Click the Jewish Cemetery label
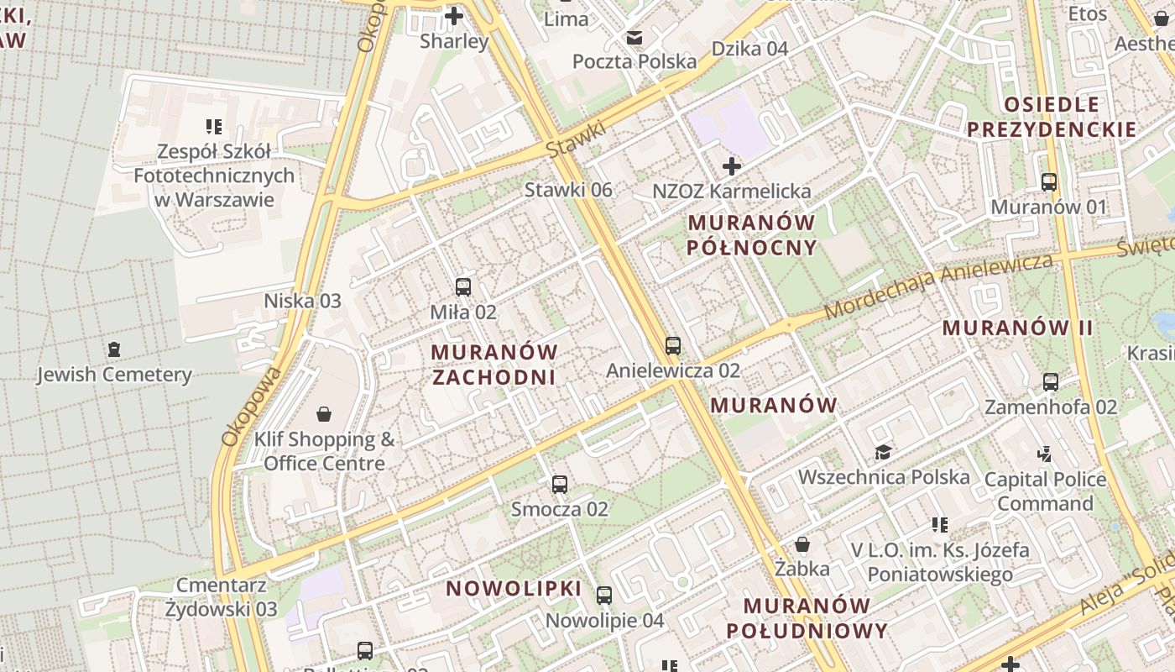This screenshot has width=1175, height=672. (x=114, y=375)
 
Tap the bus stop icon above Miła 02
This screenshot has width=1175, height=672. (x=462, y=287)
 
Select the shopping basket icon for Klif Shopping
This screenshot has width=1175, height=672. (x=324, y=414)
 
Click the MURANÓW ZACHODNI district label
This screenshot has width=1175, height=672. (x=494, y=365)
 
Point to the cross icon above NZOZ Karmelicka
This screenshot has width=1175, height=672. (x=732, y=165)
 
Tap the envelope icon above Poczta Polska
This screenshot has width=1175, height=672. (x=634, y=37)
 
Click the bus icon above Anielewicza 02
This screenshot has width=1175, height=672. (x=672, y=345)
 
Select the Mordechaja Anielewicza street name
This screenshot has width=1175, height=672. (x=937, y=286)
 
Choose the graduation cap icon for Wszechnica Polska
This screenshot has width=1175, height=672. (x=883, y=453)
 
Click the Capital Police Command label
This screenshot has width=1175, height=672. (x=1045, y=491)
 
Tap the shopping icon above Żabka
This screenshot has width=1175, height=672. (x=802, y=544)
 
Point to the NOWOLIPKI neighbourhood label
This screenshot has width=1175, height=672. (x=514, y=588)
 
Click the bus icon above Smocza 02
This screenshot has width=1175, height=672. (x=560, y=485)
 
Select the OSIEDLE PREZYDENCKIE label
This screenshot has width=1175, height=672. (x=1052, y=117)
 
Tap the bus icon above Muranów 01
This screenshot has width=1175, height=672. (x=1048, y=181)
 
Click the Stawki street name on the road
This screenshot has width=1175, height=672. (x=577, y=139)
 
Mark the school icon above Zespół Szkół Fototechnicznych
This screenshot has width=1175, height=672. (x=214, y=127)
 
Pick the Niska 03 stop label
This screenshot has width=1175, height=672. (x=303, y=301)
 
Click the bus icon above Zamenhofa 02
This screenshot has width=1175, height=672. (x=1050, y=382)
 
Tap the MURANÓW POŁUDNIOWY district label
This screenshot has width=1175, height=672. (x=807, y=618)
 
